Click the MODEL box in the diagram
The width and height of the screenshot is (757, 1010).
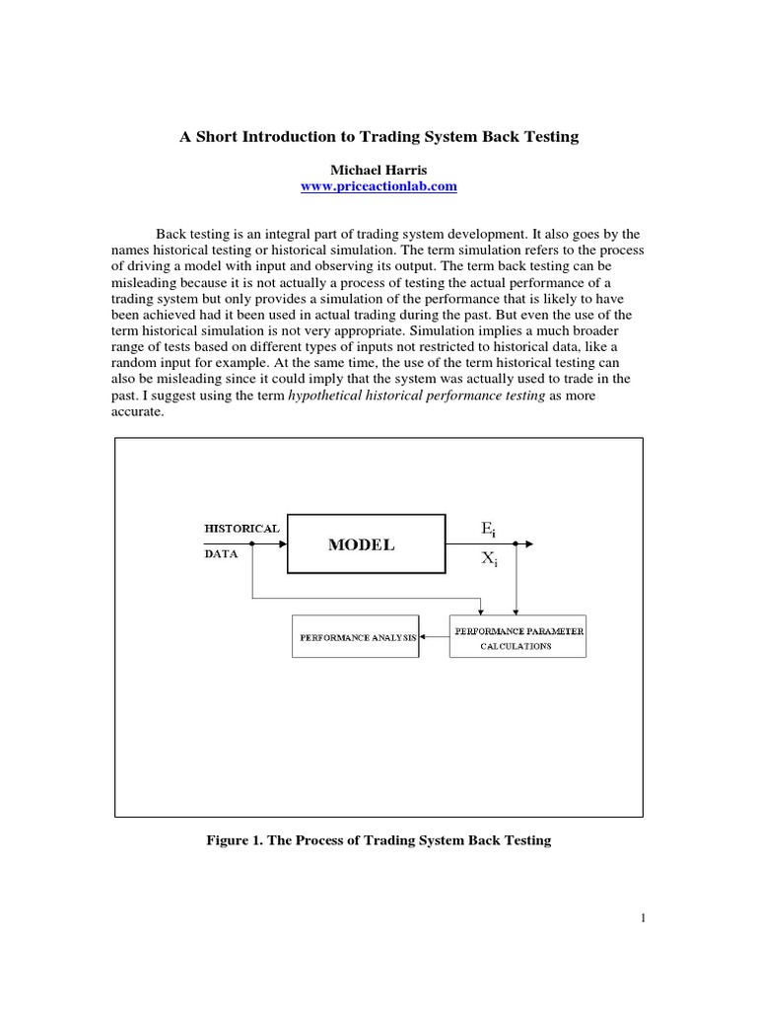click(361, 544)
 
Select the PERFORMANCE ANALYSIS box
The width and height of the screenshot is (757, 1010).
click(356, 637)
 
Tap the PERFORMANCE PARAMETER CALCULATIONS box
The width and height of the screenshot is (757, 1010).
click(516, 637)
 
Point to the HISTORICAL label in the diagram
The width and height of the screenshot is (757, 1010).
click(241, 528)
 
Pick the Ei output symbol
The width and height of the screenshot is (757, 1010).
click(489, 530)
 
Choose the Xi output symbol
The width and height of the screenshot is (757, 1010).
click(490, 558)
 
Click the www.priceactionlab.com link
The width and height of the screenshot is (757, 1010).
click(378, 186)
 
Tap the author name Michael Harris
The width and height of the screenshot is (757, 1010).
click(378, 170)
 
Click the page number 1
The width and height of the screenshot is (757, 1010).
click(643, 918)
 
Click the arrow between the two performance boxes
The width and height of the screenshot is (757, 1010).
click(434, 637)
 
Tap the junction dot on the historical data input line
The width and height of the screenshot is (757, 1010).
click(253, 543)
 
